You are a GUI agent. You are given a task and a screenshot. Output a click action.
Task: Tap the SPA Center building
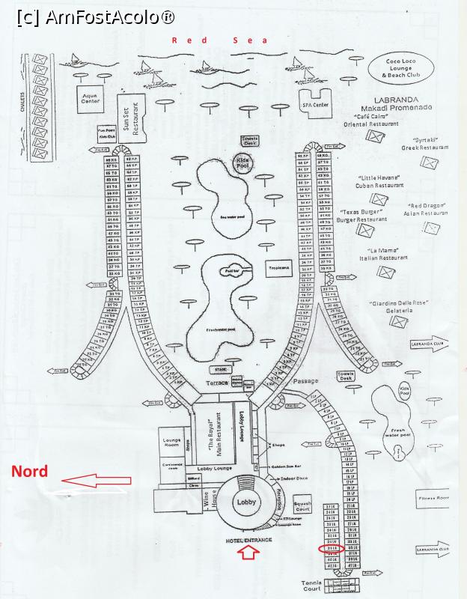316,103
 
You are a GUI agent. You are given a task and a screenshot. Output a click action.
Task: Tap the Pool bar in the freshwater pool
232,270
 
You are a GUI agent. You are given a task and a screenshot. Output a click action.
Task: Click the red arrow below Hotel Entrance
250,554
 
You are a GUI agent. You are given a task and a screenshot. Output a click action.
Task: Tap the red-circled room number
331,549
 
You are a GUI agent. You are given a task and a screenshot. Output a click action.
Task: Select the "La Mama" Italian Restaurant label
387,254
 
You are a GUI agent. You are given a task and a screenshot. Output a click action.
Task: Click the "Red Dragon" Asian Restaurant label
427,209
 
